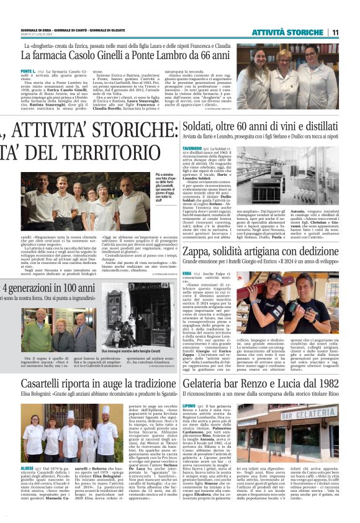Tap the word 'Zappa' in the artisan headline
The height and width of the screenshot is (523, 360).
click(x=197, y=248)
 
